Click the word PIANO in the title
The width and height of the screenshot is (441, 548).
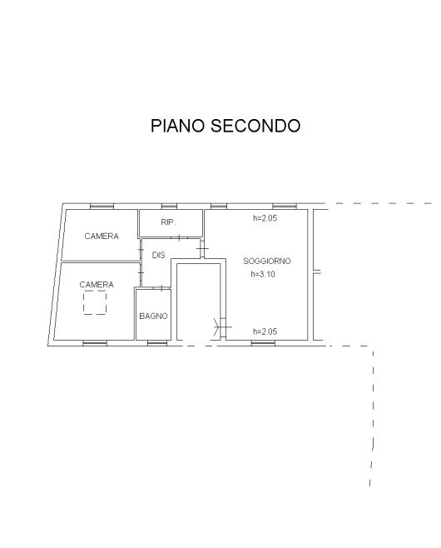(177, 126)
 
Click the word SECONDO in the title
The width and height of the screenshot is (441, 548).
(255, 126)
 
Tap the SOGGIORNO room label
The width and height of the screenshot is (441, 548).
(267, 261)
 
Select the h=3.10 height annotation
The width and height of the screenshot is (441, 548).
(263, 274)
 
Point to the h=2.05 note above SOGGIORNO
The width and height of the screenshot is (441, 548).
(265, 218)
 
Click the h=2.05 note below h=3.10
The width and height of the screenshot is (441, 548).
(265, 331)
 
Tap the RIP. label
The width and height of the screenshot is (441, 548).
(168, 222)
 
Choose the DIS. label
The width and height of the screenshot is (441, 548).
(160, 256)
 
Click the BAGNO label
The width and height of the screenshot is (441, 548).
(153, 316)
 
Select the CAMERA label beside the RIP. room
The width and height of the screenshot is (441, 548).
(102, 237)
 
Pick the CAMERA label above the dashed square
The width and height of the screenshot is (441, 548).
(97, 285)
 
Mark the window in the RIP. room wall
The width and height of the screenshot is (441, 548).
(169, 207)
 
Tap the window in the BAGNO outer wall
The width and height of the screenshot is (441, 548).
(157, 344)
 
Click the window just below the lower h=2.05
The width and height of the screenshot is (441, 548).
(263, 344)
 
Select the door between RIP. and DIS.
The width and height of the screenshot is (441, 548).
(179, 238)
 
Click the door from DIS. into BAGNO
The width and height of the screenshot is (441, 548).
(161, 288)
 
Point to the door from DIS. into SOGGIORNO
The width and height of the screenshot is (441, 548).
(202, 249)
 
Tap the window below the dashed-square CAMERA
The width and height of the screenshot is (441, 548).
(95, 344)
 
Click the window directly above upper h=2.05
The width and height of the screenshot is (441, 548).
(285, 207)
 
